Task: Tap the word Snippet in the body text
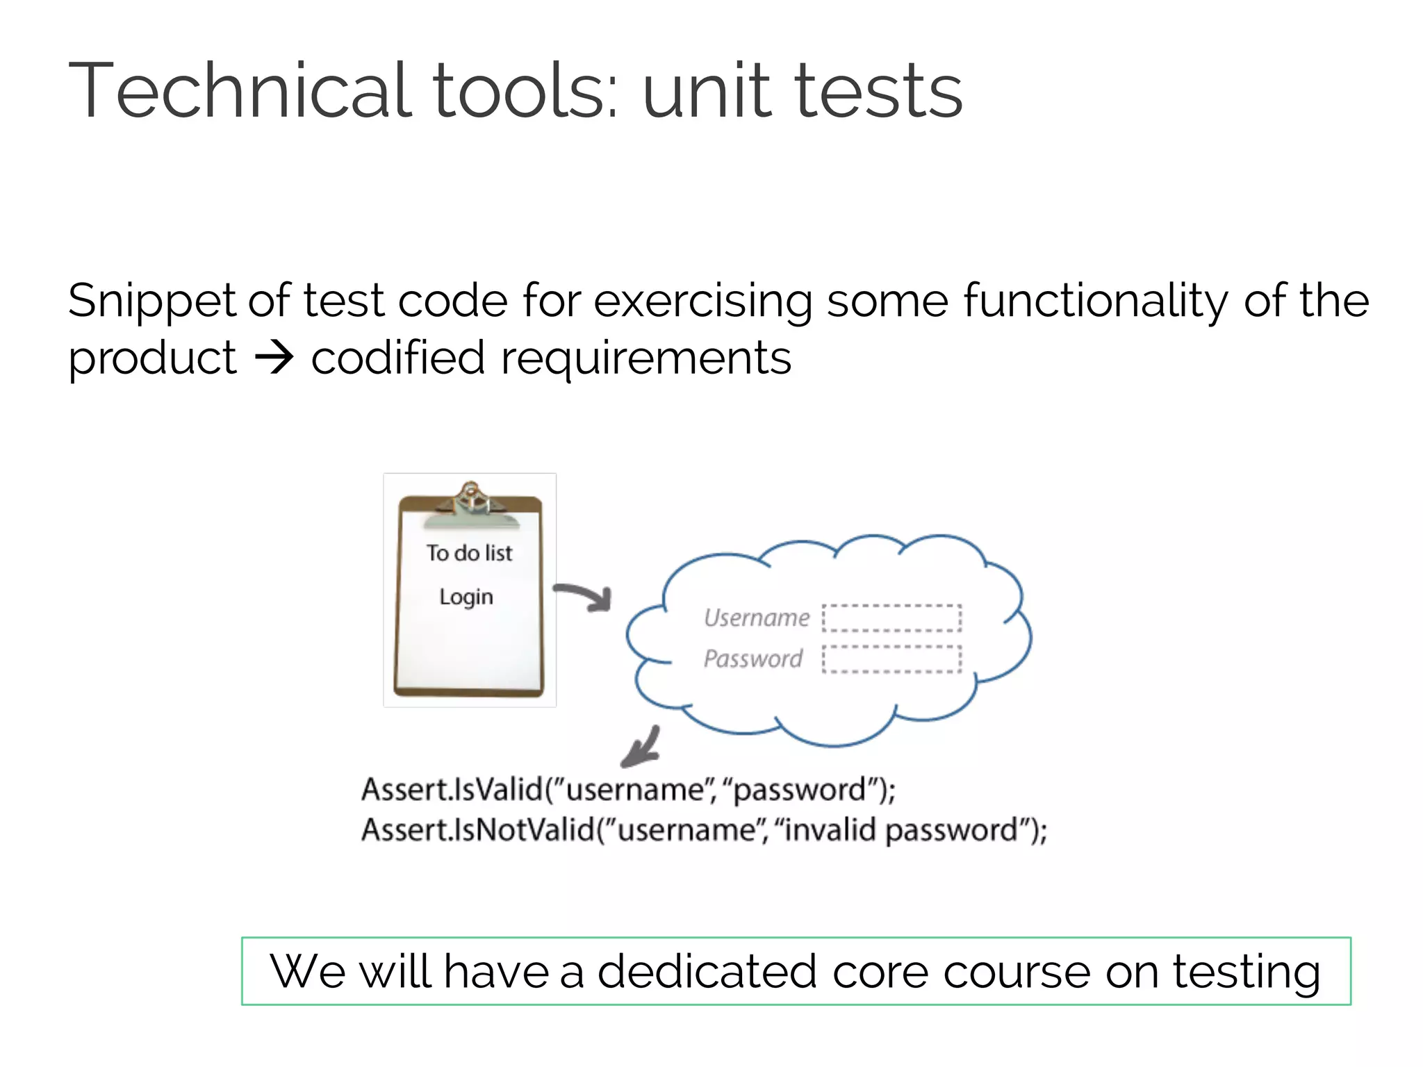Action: point(151,302)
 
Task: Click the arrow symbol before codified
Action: point(274,358)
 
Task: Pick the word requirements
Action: point(645,358)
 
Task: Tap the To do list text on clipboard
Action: point(469,553)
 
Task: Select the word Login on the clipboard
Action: point(466,597)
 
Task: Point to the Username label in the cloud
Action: point(756,618)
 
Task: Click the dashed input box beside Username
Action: point(891,618)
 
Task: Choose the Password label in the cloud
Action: point(752,658)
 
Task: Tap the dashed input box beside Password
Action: point(891,659)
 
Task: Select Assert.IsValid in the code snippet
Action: point(452,790)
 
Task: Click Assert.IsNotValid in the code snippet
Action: point(478,830)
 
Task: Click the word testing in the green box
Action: point(1247,973)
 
